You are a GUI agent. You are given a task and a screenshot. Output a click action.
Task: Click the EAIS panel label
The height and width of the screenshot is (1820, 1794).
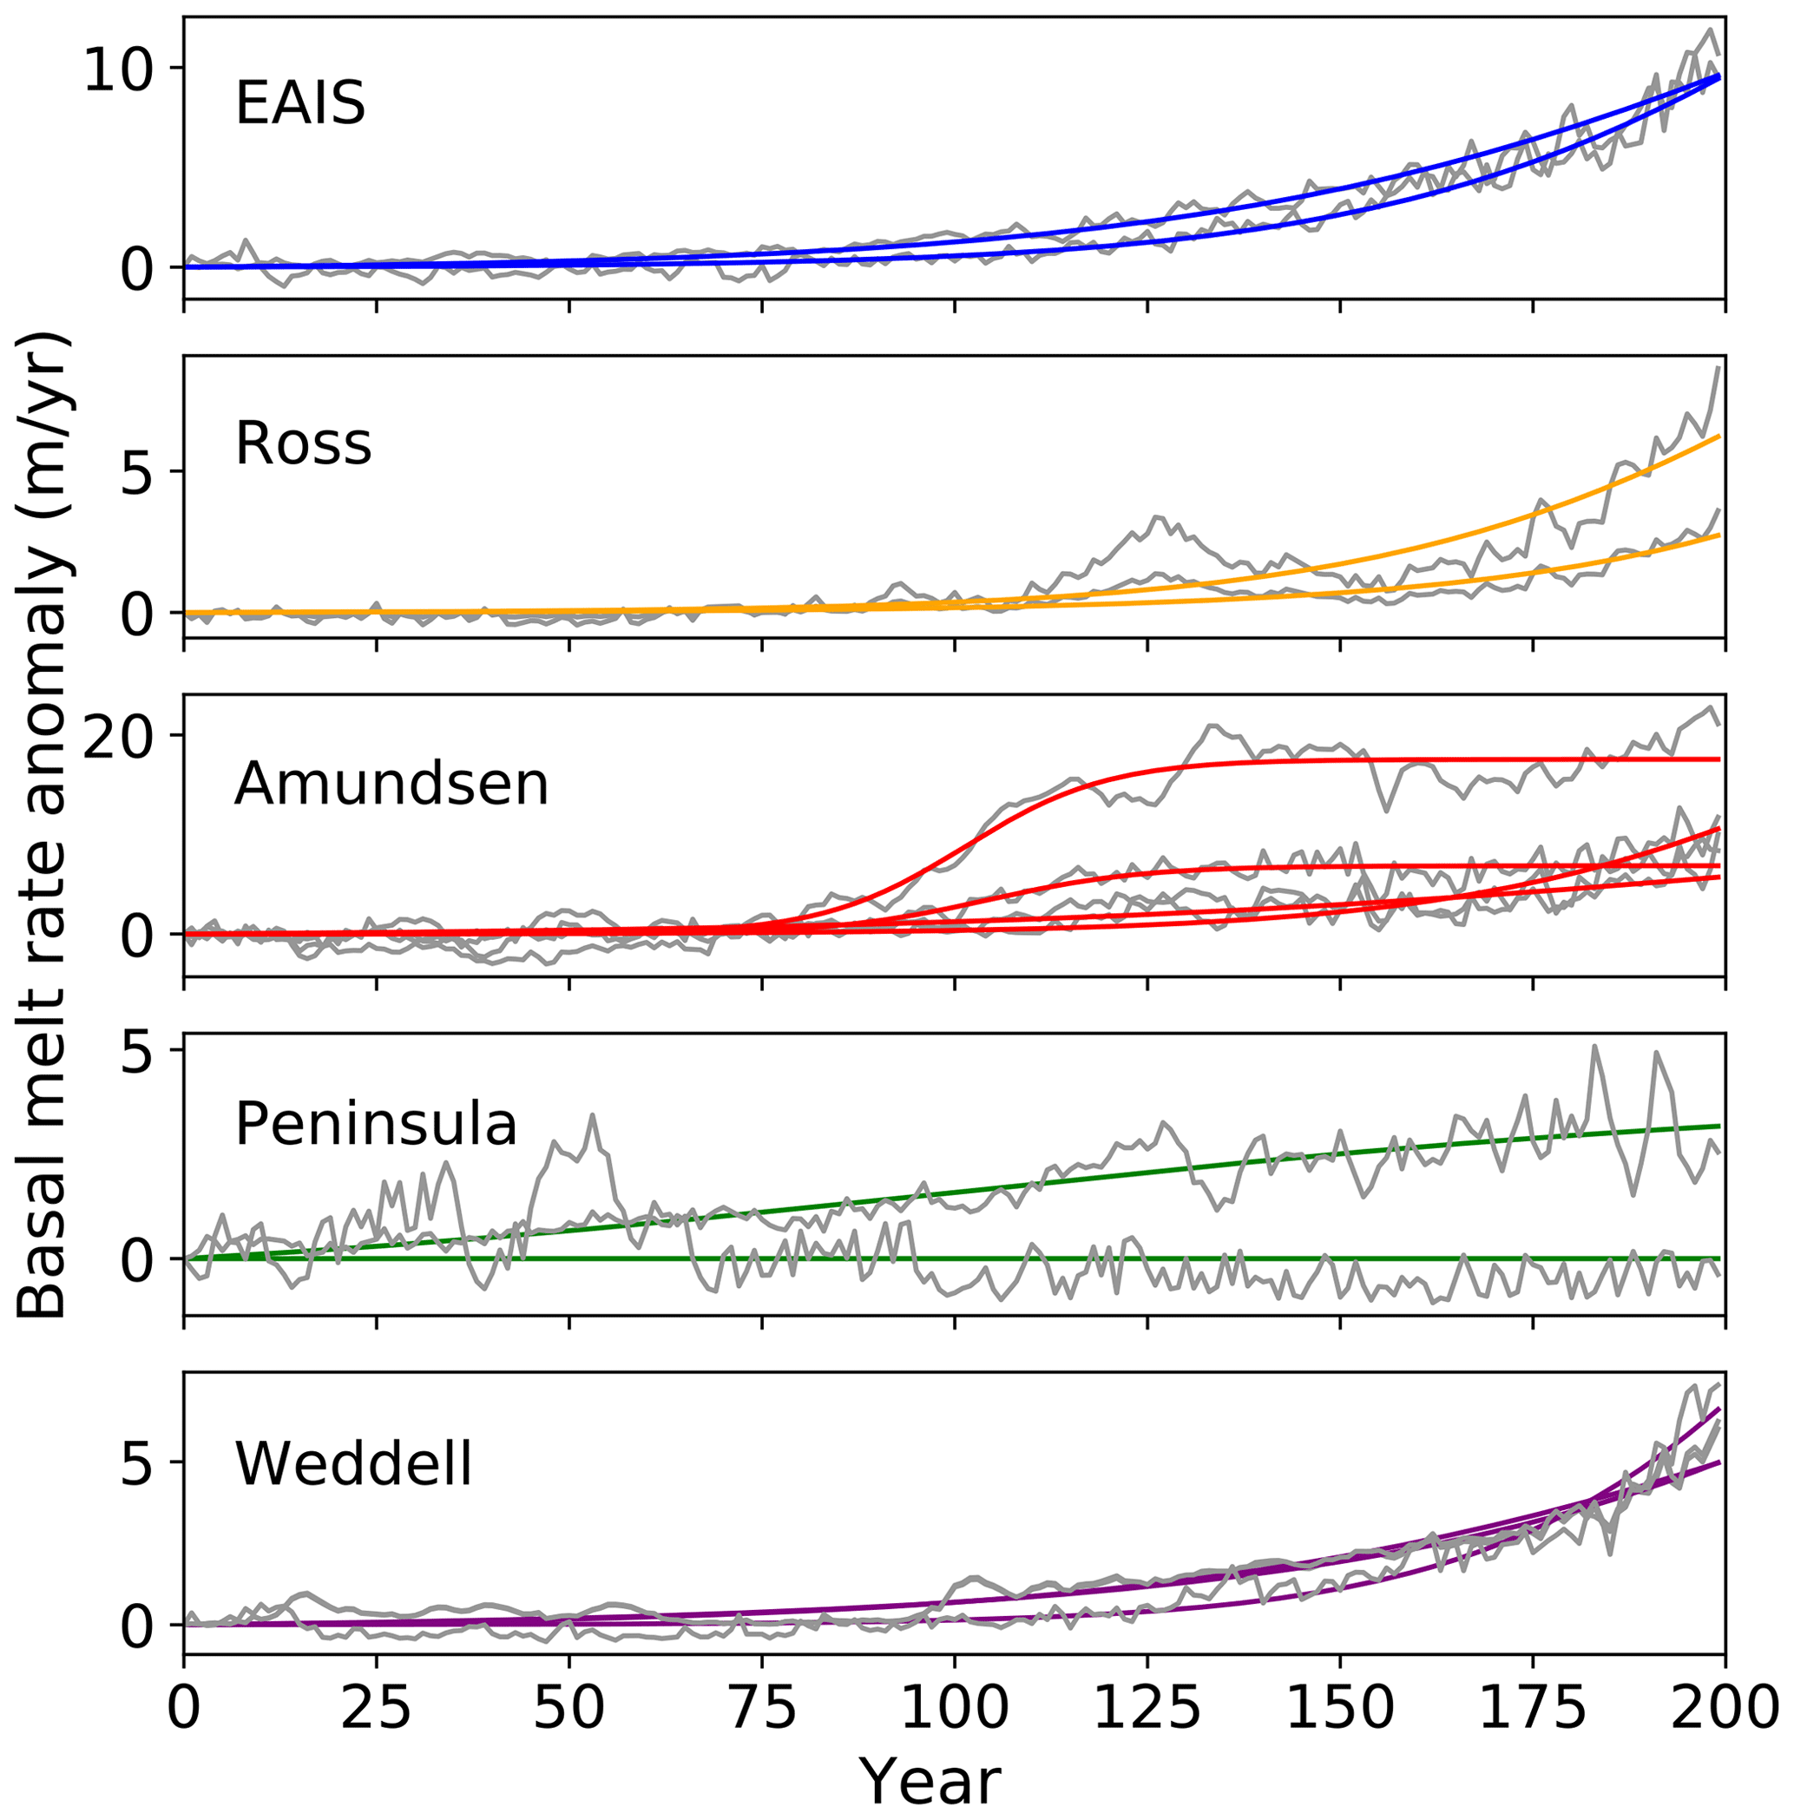pos(299,102)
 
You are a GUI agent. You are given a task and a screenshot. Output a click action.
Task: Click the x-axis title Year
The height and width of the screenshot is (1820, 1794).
pos(931,1781)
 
